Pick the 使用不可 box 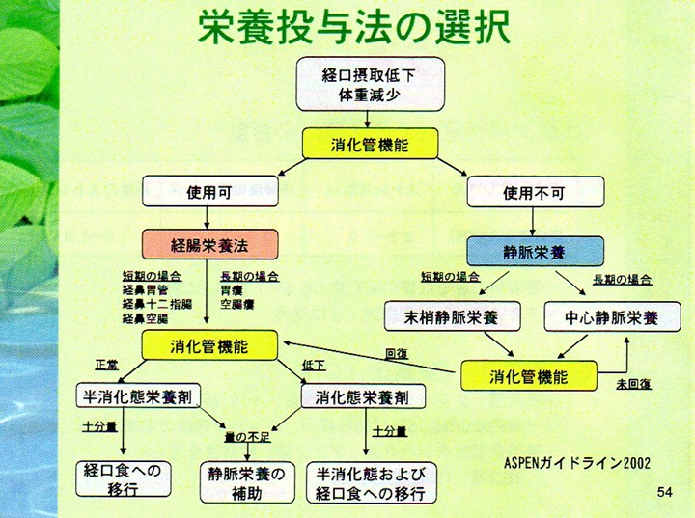(529, 191)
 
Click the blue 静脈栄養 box (535, 250)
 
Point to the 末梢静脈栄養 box (453, 316)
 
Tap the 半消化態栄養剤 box (139, 396)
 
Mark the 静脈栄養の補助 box (247, 481)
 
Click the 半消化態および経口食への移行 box (371, 482)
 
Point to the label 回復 (396, 353)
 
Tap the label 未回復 (633, 384)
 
